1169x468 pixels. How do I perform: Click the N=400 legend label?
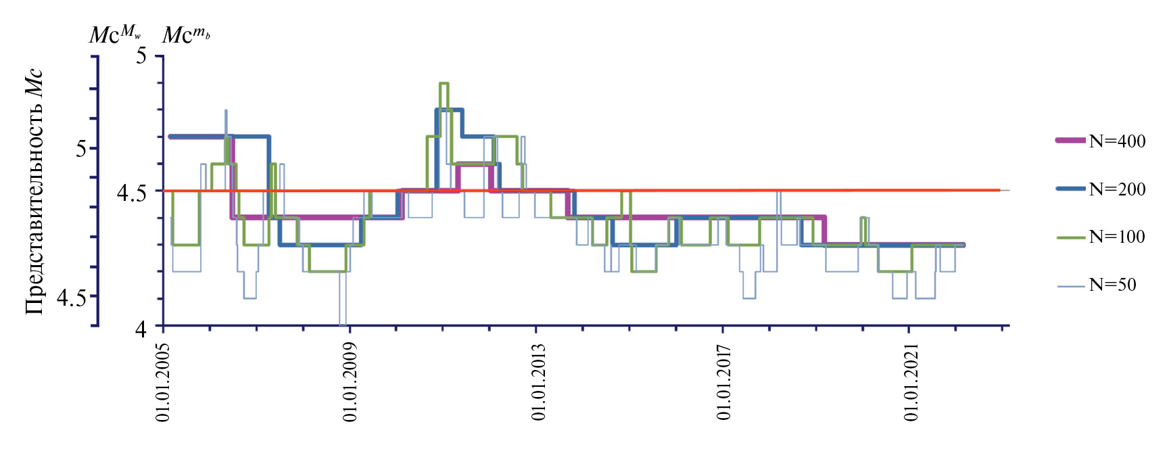(1117, 141)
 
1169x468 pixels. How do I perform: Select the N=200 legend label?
(1117, 189)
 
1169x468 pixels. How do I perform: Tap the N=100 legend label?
(1117, 237)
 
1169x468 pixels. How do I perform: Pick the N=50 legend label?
(1112, 285)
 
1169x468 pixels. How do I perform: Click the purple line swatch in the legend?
(1070, 141)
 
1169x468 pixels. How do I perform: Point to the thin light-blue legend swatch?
(1070, 286)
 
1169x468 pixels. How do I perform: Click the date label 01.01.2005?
(164, 382)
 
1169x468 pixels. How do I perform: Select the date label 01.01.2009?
(350, 382)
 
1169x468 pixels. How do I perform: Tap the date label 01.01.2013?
(538, 382)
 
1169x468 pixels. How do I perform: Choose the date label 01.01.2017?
(724, 382)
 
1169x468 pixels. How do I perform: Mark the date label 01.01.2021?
(911, 382)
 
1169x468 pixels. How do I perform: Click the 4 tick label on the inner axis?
(140, 329)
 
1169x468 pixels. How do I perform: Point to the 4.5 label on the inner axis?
(132, 193)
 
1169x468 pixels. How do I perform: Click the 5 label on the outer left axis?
(82, 149)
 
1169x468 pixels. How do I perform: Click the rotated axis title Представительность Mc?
(34, 192)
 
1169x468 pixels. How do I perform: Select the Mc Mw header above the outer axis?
(115, 33)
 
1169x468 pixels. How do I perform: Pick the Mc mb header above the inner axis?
(186, 34)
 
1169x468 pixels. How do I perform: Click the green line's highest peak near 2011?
(444, 83)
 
